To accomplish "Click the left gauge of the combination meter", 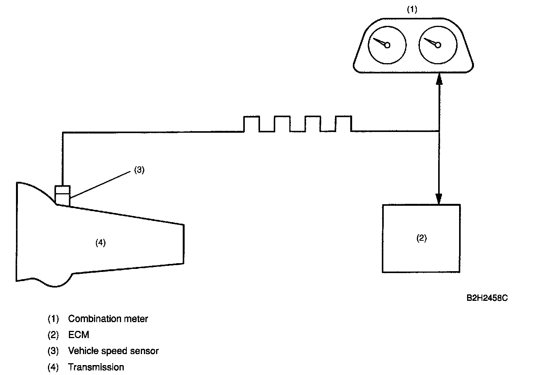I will pyautogui.click(x=387, y=45).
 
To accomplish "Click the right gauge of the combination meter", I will pyautogui.click(x=437, y=45).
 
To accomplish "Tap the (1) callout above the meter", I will pyautogui.click(x=412, y=10).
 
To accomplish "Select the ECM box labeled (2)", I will pyautogui.click(x=421, y=238).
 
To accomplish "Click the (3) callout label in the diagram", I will pyautogui.click(x=139, y=170).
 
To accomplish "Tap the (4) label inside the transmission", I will pyautogui.click(x=100, y=243).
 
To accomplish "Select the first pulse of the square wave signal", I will pyautogui.click(x=251, y=124).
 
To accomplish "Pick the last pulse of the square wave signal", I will pyautogui.click(x=343, y=124).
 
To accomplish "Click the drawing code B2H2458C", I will pyautogui.click(x=487, y=298).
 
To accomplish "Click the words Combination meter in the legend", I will pyautogui.click(x=108, y=319).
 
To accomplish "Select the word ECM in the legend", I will pyautogui.click(x=78, y=335).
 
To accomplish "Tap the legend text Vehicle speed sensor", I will pyautogui.click(x=113, y=351).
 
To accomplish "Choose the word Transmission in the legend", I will pyautogui.click(x=96, y=367).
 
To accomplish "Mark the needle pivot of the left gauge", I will pyautogui.click(x=387, y=45).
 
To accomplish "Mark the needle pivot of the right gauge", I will pyautogui.click(x=438, y=45).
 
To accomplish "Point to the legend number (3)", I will pyautogui.click(x=53, y=351).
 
